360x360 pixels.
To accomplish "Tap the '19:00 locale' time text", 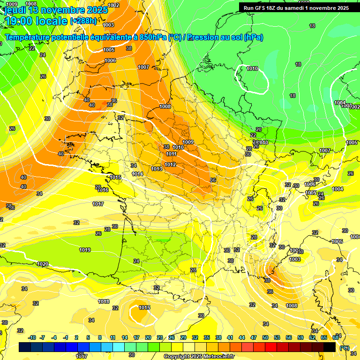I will (x=36, y=21).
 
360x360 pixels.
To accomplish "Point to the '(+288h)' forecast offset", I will (x=83, y=21).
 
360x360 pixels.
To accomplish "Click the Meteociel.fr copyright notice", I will (x=199, y=356).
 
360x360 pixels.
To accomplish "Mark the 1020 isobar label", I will (x=43, y=264).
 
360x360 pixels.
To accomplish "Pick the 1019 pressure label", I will (x=85, y=250).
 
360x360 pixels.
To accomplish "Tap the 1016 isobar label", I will (x=103, y=190).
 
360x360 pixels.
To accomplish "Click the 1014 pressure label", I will (x=137, y=174).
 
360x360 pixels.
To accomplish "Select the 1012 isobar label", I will (x=170, y=165).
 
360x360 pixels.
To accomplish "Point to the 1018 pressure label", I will (x=104, y=301).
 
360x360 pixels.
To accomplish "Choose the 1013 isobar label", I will (x=157, y=169).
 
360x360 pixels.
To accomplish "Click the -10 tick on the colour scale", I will (x=31, y=337).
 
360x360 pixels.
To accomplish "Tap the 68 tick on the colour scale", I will (x=336, y=337).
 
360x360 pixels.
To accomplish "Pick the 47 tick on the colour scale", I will (x=254, y=337).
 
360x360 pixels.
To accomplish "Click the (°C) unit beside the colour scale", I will (x=344, y=347).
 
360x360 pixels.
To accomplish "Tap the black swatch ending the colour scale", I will (x=330, y=347).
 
